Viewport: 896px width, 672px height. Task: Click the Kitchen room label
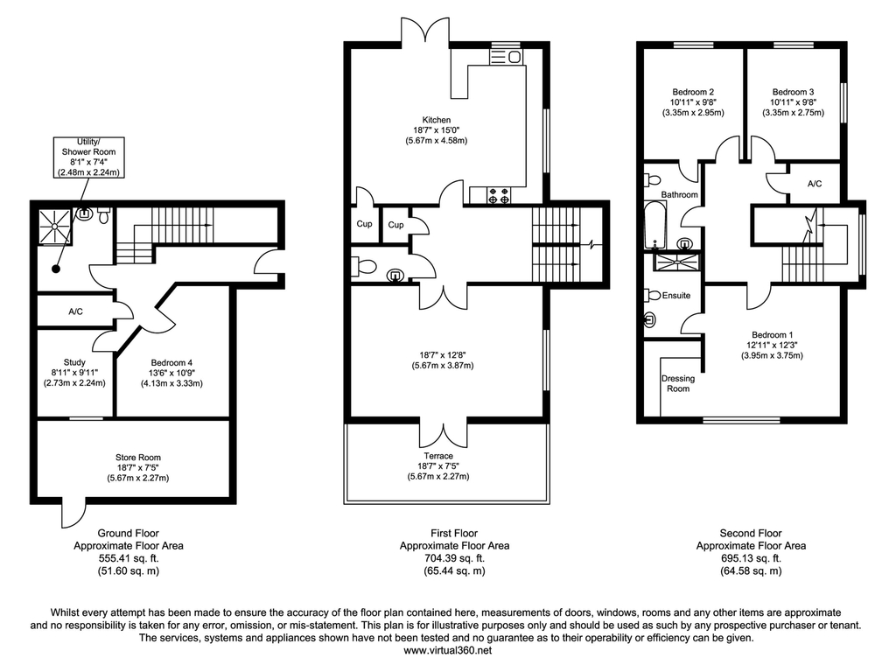pos(437,120)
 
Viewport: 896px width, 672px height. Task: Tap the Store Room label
pos(138,457)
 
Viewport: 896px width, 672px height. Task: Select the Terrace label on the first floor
pos(438,456)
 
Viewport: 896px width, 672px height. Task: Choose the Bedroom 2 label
pos(694,92)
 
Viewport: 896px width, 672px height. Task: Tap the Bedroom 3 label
pos(794,92)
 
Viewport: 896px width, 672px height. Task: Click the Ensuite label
pos(675,296)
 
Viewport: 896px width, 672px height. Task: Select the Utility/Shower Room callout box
pos(88,157)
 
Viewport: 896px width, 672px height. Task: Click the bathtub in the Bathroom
pos(652,225)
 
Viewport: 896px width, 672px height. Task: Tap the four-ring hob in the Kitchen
pos(499,195)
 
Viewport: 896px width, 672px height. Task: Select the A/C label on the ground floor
pos(76,311)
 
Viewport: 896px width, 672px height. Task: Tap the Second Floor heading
pos(751,533)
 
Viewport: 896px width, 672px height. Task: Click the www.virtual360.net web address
pos(448,650)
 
